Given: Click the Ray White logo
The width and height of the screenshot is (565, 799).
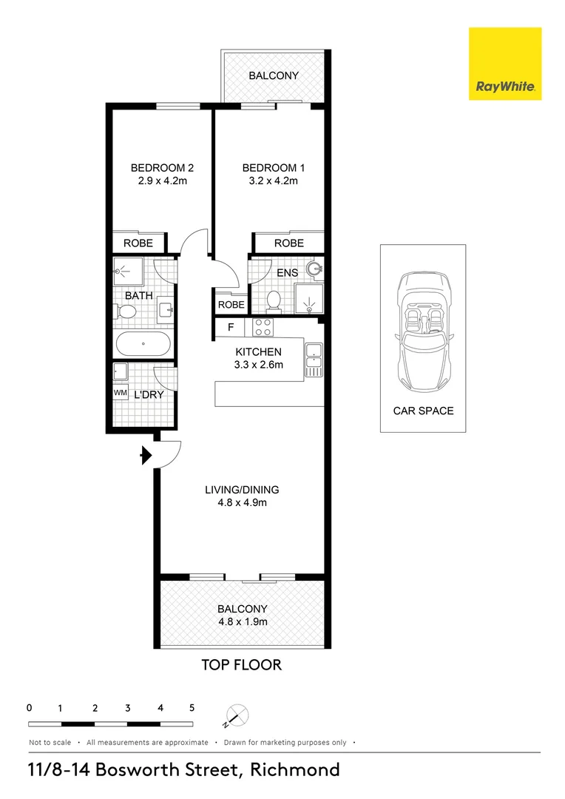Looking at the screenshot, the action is (505, 64).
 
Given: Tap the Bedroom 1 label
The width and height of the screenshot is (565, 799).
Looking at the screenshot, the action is (273, 168).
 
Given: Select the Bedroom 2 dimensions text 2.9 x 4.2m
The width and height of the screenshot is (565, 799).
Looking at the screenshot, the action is (163, 181).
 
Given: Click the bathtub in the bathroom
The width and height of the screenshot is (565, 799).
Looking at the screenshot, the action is (143, 344).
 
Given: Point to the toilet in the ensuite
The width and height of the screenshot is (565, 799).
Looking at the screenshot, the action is (274, 300).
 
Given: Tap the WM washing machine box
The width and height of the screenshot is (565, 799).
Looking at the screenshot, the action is (121, 393).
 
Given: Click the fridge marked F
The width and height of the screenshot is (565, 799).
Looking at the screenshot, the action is (230, 327).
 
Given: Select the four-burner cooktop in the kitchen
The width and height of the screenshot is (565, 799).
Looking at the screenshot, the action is (263, 327).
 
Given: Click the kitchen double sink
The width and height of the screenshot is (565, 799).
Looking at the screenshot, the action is (314, 356).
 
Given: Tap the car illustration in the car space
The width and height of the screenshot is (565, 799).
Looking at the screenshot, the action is (423, 331).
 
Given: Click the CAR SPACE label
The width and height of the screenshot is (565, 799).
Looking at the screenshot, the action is (423, 411).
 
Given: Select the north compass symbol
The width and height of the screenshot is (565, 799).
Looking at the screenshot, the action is (237, 715).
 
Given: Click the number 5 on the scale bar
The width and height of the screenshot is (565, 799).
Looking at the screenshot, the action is (192, 708).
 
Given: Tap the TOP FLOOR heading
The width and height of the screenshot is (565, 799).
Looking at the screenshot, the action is (242, 665).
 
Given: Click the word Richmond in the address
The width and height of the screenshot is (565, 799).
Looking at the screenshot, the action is (295, 770).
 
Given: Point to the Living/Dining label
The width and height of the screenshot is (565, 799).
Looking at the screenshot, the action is (242, 490).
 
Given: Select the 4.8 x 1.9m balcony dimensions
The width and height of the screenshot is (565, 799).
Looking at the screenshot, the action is (243, 621).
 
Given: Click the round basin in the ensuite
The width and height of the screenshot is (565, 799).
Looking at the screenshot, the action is (315, 270).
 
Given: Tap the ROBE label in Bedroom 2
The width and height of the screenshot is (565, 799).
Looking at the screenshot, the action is (138, 243).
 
